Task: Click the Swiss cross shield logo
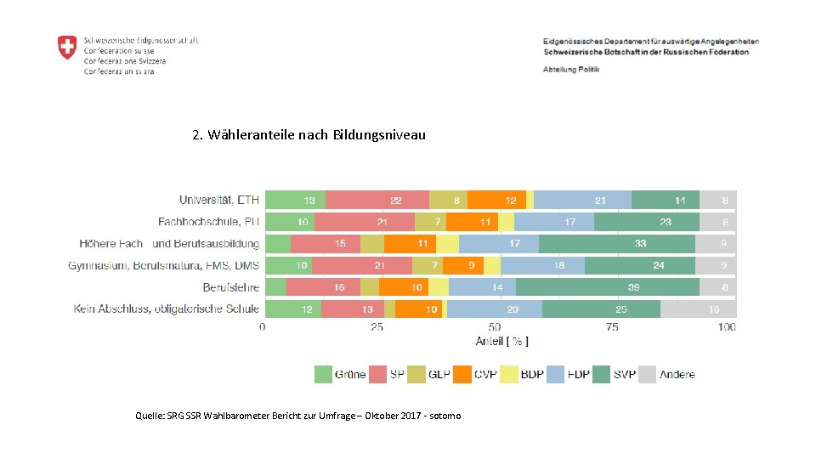[67, 48]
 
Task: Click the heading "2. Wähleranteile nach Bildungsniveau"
[309, 135]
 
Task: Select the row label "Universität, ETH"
[218, 200]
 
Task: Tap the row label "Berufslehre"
[230, 287]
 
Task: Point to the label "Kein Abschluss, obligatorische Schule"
[166, 309]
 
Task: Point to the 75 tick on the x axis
[612, 326]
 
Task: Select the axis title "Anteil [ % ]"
[501, 342]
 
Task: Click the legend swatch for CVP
[462, 374]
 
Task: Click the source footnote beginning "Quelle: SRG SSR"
[297, 416]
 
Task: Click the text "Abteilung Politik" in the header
[571, 69]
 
